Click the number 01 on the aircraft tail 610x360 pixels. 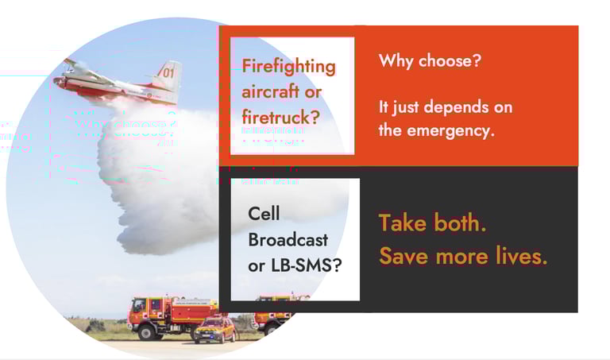pos(168,72)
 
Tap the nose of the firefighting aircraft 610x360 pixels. pos(56,79)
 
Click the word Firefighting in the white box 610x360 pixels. pos(288,66)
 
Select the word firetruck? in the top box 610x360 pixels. pos(280,117)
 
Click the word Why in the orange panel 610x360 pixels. pos(394,60)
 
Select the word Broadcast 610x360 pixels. pos(288,239)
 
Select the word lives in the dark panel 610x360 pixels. pos(519,257)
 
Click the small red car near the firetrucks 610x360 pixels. pos(214,328)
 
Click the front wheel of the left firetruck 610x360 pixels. pos(145,331)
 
